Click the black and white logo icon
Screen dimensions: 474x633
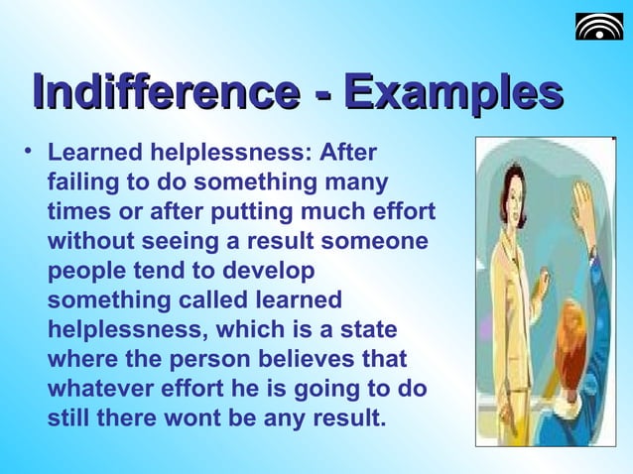coord(599,26)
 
